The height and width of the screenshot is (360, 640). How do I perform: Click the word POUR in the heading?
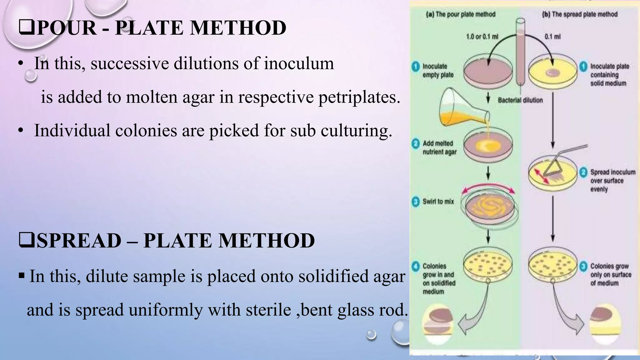pos(67,28)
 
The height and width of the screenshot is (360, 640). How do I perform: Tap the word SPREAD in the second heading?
pos(79,241)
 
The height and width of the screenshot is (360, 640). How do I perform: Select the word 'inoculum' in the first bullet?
pos(299,63)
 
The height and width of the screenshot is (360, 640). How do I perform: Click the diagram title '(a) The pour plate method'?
pos(461,14)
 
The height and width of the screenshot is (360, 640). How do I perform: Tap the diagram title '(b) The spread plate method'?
pos(580,14)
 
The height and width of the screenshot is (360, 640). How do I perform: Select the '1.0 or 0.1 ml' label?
pos(482,37)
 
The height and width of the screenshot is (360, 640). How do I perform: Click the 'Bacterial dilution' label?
pos(520,100)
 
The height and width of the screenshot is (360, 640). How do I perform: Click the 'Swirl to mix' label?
pos(438,202)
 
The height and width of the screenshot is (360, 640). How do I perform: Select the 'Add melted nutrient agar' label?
pos(439,147)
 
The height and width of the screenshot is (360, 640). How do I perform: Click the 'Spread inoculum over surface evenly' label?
pos(612,181)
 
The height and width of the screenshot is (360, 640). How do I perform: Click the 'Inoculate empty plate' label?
pos(438,71)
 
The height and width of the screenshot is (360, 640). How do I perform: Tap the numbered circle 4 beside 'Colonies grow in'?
pos(416,267)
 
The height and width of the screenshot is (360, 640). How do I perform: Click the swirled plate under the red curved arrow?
pos(489,208)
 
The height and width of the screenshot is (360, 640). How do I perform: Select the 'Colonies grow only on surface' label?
pos(610,275)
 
